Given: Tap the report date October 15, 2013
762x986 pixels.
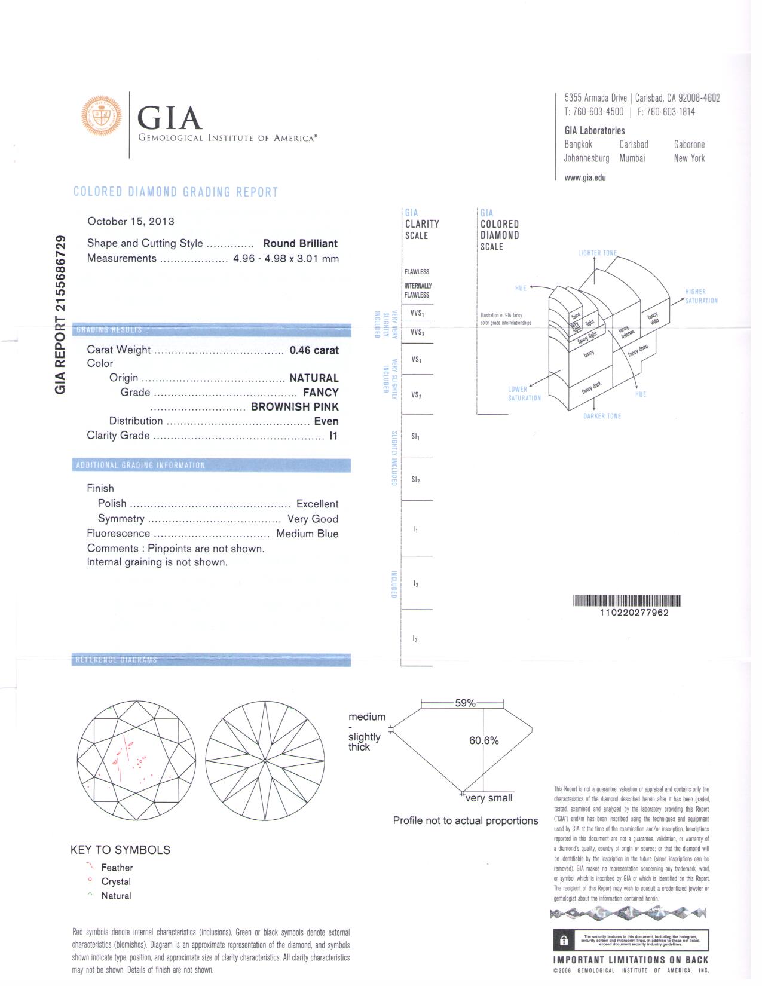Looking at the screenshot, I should coord(131,222).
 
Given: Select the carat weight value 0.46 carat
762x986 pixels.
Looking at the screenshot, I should coord(314,350).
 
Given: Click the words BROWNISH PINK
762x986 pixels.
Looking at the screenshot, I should coord(295,407).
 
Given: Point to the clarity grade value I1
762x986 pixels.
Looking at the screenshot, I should coord(333,436).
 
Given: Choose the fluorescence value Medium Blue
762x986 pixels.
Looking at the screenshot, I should coord(307,534).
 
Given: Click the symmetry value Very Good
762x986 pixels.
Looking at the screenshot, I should coord(313,519).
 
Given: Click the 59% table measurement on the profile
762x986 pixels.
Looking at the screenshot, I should coord(465,703).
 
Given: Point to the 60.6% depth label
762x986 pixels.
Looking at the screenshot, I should coord(483,741).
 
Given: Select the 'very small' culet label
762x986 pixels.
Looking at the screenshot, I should coord(489,798).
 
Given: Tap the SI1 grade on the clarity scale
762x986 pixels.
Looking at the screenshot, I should coord(415,437).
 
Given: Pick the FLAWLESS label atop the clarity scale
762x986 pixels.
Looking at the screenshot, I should coord(417,272).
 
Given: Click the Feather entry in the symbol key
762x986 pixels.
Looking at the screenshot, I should coord(117,868).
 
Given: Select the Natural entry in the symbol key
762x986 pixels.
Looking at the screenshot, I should coord(116,896).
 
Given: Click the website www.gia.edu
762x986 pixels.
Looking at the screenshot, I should coord(584,178).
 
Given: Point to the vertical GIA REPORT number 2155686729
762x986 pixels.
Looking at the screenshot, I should coord(60,315).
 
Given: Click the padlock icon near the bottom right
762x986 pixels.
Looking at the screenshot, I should coord(563,940).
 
